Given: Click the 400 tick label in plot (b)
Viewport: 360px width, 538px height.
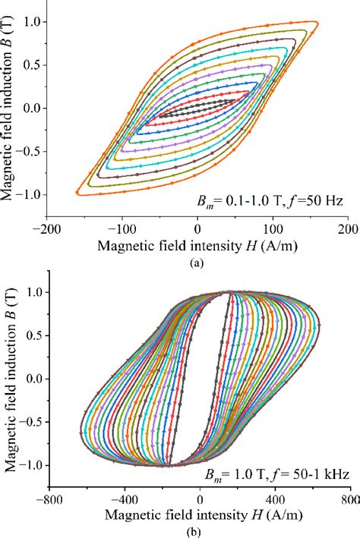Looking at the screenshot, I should pos(275,500).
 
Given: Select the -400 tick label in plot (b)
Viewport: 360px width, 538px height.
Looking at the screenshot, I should pos(124,500).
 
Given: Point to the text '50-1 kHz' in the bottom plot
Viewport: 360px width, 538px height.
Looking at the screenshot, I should pos(323,474).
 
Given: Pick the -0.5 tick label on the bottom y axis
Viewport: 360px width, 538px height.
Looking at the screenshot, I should pos(30,422).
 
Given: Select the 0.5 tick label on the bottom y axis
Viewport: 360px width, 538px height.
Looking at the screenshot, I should pos(33,335).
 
